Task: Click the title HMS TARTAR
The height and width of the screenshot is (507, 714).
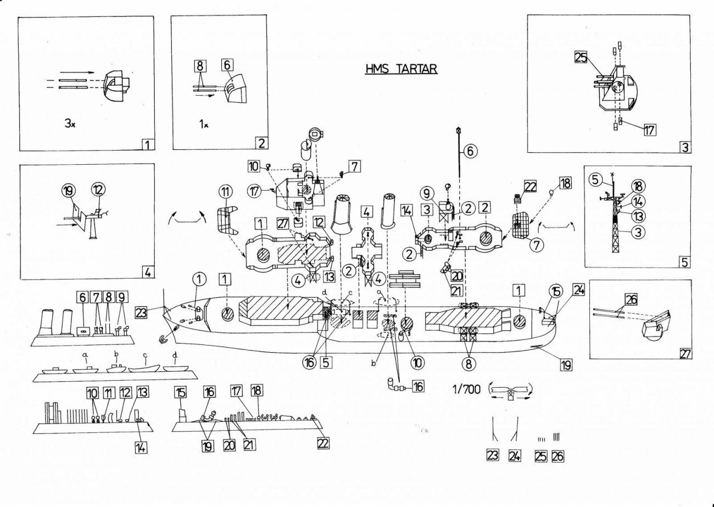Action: click(401, 69)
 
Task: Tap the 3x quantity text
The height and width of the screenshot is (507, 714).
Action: click(70, 124)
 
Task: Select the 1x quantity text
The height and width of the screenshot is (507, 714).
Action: click(204, 124)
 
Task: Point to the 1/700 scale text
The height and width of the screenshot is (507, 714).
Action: click(466, 389)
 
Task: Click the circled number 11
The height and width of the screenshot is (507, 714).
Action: click(226, 192)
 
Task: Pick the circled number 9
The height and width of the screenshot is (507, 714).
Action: click(427, 193)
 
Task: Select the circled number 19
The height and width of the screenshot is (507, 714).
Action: click(69, 191)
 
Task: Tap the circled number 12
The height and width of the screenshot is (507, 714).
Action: click(98, 190)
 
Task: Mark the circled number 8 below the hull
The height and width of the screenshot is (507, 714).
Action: click(468, 364)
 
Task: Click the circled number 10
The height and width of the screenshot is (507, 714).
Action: click(417, 362)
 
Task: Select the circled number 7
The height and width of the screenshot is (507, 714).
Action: click(537, 245)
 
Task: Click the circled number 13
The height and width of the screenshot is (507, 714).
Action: click(638, 216)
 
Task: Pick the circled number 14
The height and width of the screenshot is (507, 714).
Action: click(638, 202)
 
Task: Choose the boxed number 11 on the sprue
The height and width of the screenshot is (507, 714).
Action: click(108, 393)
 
